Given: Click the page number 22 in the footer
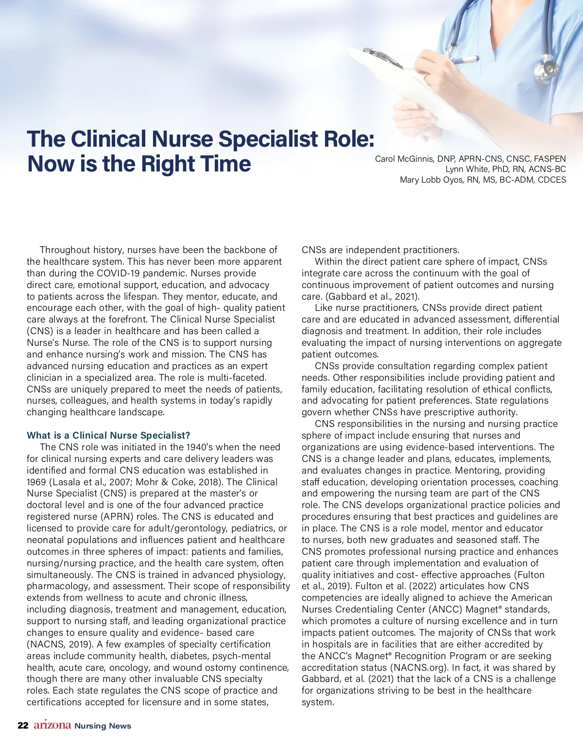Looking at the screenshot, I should pos(22,726).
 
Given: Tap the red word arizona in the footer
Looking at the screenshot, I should pos(52,725).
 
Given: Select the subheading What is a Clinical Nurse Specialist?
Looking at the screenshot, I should pos(108,435).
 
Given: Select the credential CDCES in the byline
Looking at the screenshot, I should pos(551,180).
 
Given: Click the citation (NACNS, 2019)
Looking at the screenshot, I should pos(59,644).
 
